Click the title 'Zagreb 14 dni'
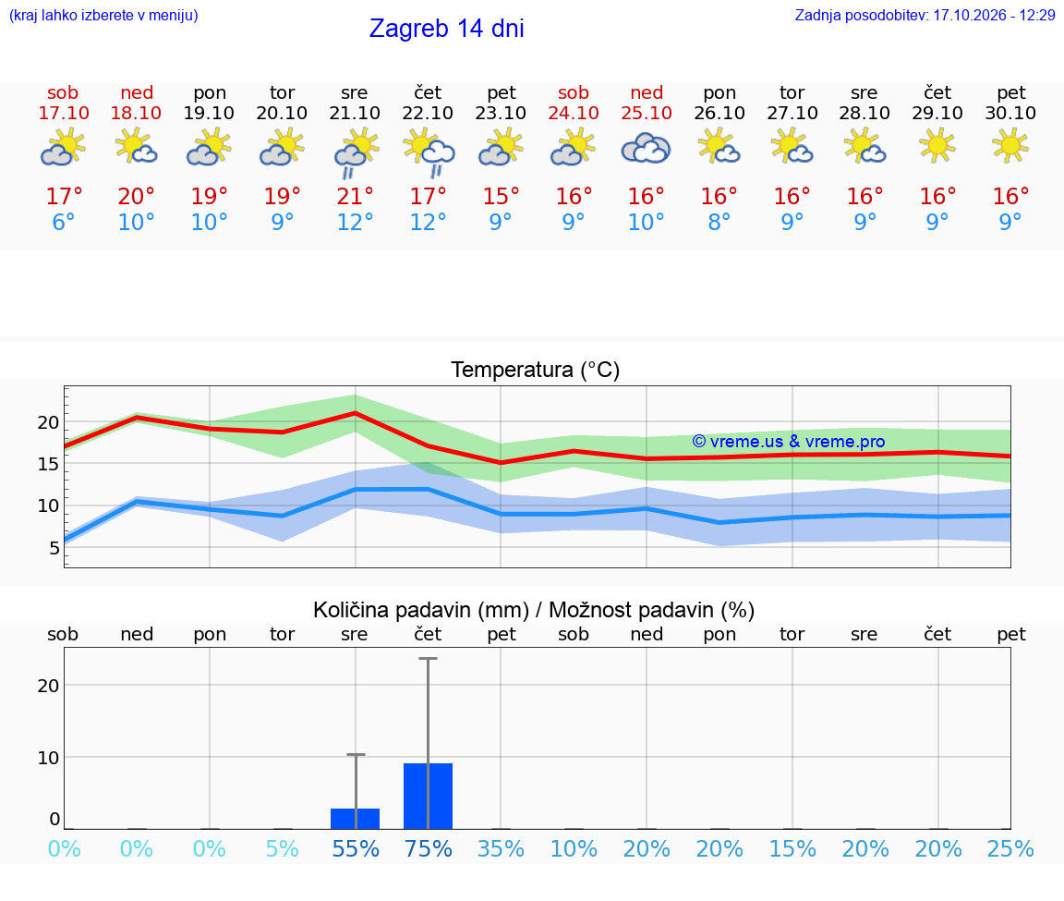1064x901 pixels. (446, 29)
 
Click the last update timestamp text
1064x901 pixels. (925, 15)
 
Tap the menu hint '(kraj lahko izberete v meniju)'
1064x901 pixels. (103, 15)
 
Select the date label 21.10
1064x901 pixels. (355, 113)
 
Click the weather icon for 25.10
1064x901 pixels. (646, 149)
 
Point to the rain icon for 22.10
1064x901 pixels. (429, 152)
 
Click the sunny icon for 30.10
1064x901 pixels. (1010, 145)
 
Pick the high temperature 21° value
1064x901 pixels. (355, 196)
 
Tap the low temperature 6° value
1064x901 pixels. (63, 222)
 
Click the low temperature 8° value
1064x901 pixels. (719, 222)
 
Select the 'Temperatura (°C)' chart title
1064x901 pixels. (536, 370)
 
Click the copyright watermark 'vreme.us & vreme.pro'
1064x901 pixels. (789, 442)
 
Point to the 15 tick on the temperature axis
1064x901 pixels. (48, 464)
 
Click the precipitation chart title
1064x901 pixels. (534, 610)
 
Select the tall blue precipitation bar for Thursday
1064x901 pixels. (429, 796)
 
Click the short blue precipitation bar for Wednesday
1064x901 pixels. (355, 819)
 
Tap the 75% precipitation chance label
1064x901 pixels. (429, 848)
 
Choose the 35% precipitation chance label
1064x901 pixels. (501, 848)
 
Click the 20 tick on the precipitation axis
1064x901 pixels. (48, 686)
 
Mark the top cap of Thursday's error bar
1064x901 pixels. (429, 659)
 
